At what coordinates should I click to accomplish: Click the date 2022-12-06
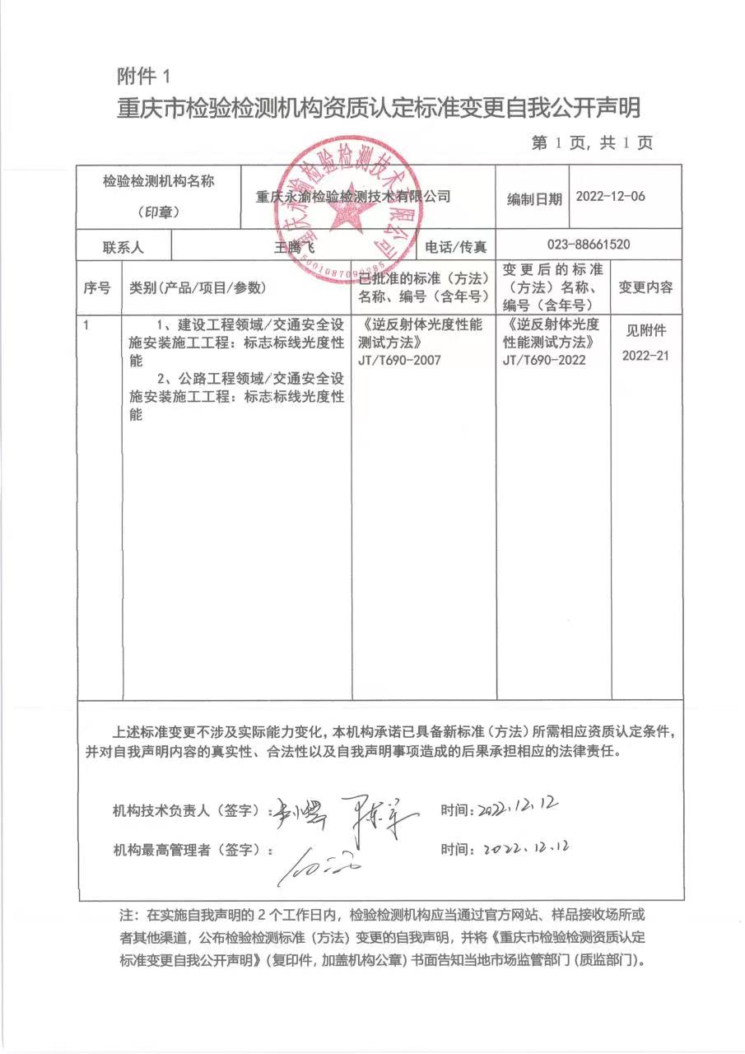pos(610,197)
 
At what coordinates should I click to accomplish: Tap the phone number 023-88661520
pos(589,245)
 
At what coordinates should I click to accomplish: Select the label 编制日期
pos(534,198)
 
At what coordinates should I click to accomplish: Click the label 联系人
pos(123,246)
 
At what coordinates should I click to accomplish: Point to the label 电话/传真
pos(456,246)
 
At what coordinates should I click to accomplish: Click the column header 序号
pos(97,287)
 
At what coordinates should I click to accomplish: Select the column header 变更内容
pos(645,287)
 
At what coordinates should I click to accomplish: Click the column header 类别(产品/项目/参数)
pos(197,287)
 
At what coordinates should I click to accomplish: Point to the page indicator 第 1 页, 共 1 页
pos(592,143)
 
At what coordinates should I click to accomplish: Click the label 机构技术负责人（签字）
pos(186,810)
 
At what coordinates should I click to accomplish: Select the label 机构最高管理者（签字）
pos(186,850)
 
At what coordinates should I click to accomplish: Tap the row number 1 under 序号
pos(86,325)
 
